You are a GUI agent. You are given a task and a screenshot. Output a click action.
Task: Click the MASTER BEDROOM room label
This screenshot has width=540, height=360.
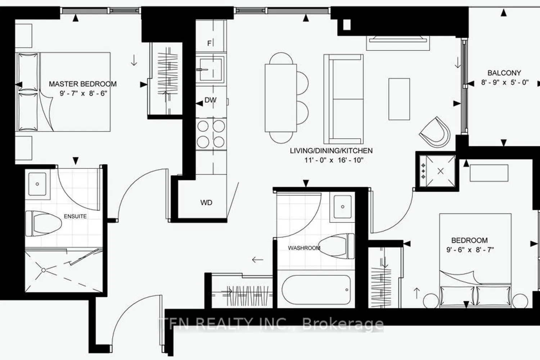pyautogui.click(x=83, y=84)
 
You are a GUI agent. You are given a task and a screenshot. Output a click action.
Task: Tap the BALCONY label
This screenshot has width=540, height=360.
pyautogui.click(x=504, y=73)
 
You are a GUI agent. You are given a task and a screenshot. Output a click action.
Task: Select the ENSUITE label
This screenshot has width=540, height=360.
pyautogui.click(x=75, y=216)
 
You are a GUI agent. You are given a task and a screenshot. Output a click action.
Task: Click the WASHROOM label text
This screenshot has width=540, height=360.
pyautogui.click(x=304, y=248)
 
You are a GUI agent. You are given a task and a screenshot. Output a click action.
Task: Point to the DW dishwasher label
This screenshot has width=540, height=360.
pyautogui.click(x=211, y=100)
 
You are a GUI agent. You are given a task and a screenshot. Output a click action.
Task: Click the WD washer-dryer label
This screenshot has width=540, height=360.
pyautogui.click(x=206, y=203)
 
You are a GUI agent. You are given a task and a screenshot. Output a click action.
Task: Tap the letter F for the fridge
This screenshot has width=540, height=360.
pyautogui.click(x=209, y=44)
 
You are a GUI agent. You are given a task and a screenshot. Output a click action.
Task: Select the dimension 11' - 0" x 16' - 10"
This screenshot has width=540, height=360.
pyautogui.click(x=334, y=160)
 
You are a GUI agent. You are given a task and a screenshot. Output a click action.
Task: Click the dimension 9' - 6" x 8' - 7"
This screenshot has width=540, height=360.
pyautogui.click(x=470, y=249)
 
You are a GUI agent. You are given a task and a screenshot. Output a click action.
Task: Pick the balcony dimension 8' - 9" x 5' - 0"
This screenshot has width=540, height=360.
pyautogui.click(x=505, y=82)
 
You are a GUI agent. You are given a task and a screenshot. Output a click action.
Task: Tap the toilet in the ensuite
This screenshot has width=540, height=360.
pyautogui.click(x=44, y=224)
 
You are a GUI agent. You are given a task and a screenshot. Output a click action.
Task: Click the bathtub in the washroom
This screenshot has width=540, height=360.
pyautogui.click(x=316, y=289)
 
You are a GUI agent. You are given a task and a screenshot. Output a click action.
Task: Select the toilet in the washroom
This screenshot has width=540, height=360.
pyautogui.click(x=337, y=246)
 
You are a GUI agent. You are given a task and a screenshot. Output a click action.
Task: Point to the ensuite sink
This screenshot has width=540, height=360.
pyautogui.click(x=37, y=184)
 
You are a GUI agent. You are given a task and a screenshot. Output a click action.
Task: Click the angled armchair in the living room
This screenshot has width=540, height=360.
pyautogui.click(x=435, y=132)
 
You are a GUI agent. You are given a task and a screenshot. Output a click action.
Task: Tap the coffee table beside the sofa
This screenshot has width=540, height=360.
pyautogui.click(x=399, y=99)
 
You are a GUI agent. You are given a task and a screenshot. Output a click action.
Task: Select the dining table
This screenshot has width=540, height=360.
pyautogui.click(x=281, y=98)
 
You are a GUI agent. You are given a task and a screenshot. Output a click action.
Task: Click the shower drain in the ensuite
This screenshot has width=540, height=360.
pyautogui.click(x=44, y=270)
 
